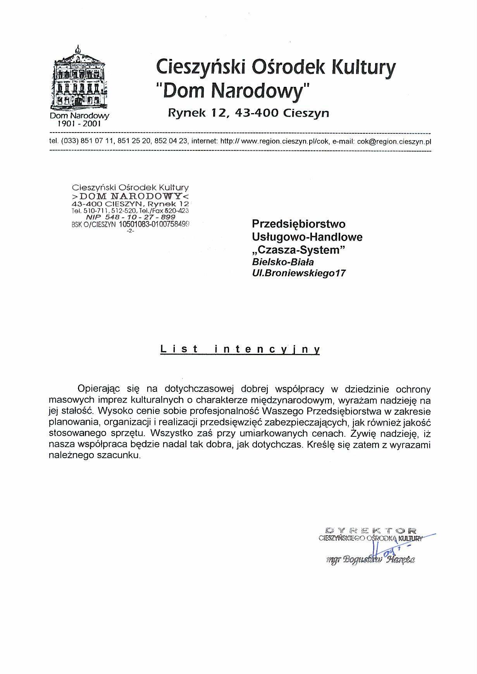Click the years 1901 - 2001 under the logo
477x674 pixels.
[79, 124]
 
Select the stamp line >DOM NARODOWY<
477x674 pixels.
[131, 196]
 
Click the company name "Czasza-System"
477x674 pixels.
[298, 250]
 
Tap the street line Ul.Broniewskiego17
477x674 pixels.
[298, 273]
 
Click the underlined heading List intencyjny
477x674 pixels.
[240, 349]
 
